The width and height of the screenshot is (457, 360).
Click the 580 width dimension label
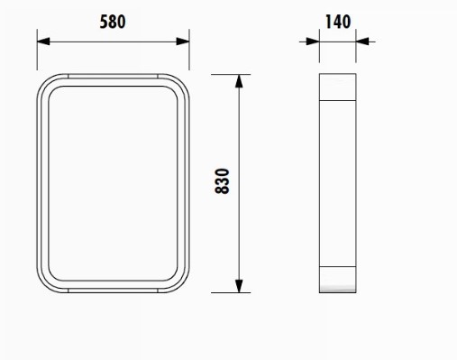[113, 22]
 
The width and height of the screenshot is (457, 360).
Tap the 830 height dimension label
[223, 181]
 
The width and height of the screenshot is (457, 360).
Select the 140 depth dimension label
[338, 22]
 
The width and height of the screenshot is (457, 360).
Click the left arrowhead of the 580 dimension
[43, 42]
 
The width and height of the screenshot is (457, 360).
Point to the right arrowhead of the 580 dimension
[183, 42]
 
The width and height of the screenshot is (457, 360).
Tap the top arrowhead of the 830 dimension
[239, 81]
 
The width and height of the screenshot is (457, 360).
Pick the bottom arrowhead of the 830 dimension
[239, 286]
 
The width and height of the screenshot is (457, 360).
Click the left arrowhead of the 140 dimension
[313, 42]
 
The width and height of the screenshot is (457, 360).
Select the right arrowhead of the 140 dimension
[362, 42]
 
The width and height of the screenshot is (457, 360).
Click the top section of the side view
[338, 87]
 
